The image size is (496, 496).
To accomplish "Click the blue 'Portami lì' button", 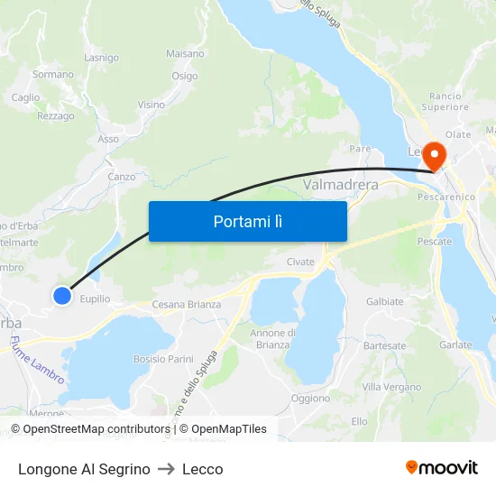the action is (247, 221).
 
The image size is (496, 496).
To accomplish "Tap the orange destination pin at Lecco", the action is (434, 155).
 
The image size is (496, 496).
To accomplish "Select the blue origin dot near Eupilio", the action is (61, 295).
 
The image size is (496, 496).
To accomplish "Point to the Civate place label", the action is (300, 262).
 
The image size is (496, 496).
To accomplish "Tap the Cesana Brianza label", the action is (186, 305).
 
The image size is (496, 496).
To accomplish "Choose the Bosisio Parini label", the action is (163, 359).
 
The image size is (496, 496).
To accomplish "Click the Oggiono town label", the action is (311, 398).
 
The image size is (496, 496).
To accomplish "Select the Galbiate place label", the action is (385, 301).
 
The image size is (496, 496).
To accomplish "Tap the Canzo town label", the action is (121, 177).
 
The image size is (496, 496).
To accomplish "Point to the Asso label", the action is (108, 139).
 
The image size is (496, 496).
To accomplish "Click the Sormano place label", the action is (53, 74).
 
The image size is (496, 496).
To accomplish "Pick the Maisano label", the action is (185, 54).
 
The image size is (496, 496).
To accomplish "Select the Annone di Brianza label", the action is (273, 339).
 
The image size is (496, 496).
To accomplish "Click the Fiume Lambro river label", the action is (36, 359).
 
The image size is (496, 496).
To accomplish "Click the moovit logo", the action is (441, 467).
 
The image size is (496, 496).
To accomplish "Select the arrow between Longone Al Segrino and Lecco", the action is (166, 469).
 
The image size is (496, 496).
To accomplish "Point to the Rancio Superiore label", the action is (445, 101).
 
